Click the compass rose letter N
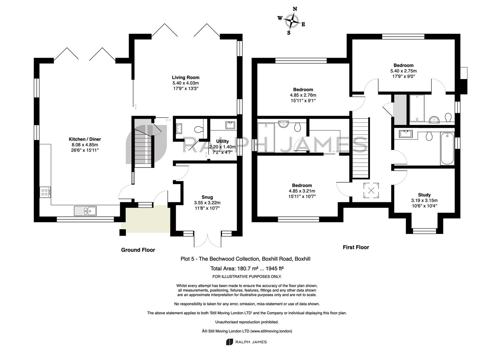pyautogui.click(x=295, y=9)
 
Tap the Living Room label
pyautogui.click(x=185, y=77)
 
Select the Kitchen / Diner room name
pyautogui.click(x=85, y=139)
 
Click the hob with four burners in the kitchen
pyautogui.click(x=45, y=192)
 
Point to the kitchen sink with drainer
pyautogui.click(x=85, y=211)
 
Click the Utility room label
pyautogui.click(x=222, y=141)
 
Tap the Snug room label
pyautogui.click(x=207, y=197)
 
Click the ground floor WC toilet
pyautogui.click(x=198, y=129)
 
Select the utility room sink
pyautogui.click(x=230, y=125)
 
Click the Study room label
pyautogui.click(x=424, y=195)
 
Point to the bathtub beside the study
pyautogui.click(x=447, y=148)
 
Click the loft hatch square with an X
pyautogui.click(x=371, y=190)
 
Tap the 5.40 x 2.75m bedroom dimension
pyautogui.click(x=403, y=71)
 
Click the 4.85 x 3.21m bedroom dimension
pyautogui.click(x=302, y=191)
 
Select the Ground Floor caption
pyautogui.click(x=138, y=250)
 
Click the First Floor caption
pyautogui.click(x=356, y=247)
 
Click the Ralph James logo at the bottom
pyautogui.click(x=246, y=342)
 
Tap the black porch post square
pyautogui.click(x=123, y=233)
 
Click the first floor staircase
pyautogui.click(x=361, y=148)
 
